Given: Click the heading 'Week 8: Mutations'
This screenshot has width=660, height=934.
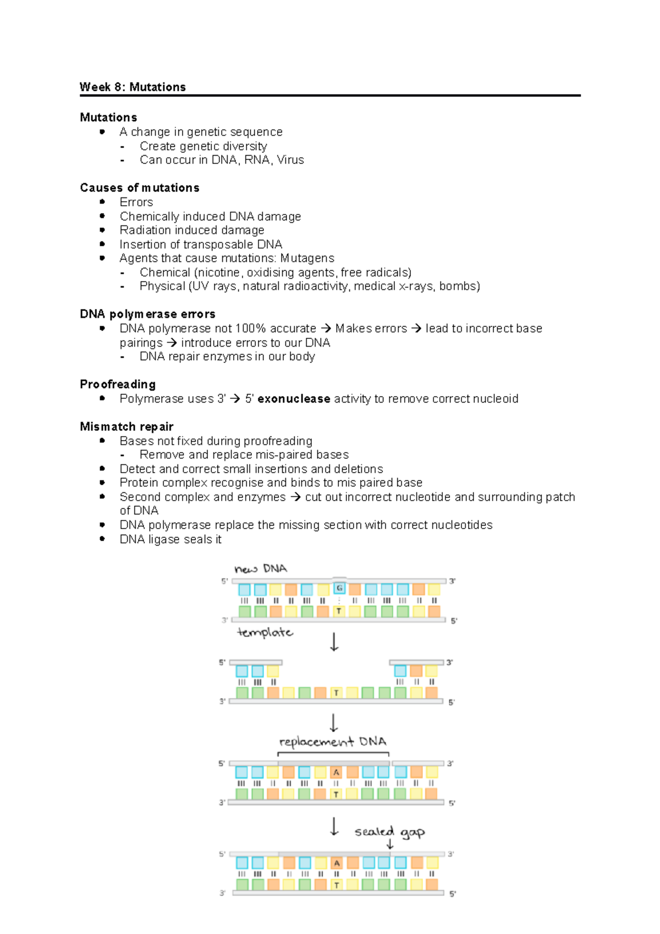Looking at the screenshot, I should [x=133, y=87].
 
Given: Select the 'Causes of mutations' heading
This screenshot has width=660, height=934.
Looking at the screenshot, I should [x=140, y=188].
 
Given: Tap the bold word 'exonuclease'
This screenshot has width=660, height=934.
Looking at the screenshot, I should [x=294, y=399].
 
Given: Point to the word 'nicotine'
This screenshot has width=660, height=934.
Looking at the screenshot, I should [x=219, y=272].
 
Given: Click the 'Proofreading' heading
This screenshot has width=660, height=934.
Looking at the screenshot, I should [x=118, y=384].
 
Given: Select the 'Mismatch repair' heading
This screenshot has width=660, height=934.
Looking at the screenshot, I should [x=127, y=426].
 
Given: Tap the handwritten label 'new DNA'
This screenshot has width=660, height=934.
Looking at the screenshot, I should [x=261, y=569].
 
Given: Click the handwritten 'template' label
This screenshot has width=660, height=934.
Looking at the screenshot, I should [x=265, y=633].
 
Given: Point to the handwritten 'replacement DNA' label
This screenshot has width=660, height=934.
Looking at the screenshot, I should [x=333, y=742].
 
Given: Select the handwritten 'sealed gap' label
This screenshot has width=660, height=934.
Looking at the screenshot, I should [x=389, y=831].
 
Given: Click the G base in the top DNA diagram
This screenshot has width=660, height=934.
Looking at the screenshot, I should [x=339, y=589].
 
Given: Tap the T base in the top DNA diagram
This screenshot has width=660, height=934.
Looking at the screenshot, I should [x=339, y=611].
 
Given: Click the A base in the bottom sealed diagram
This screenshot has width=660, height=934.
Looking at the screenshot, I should [x=337, y=863].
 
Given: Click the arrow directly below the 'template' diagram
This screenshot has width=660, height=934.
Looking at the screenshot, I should [x=334, y=641].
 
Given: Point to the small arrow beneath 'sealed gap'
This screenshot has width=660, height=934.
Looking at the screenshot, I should [x=390, y=844].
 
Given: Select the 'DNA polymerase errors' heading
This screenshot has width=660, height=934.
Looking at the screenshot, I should [x=147, y=314].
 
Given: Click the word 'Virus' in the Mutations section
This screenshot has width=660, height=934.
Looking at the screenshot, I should [x=290, y=160].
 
